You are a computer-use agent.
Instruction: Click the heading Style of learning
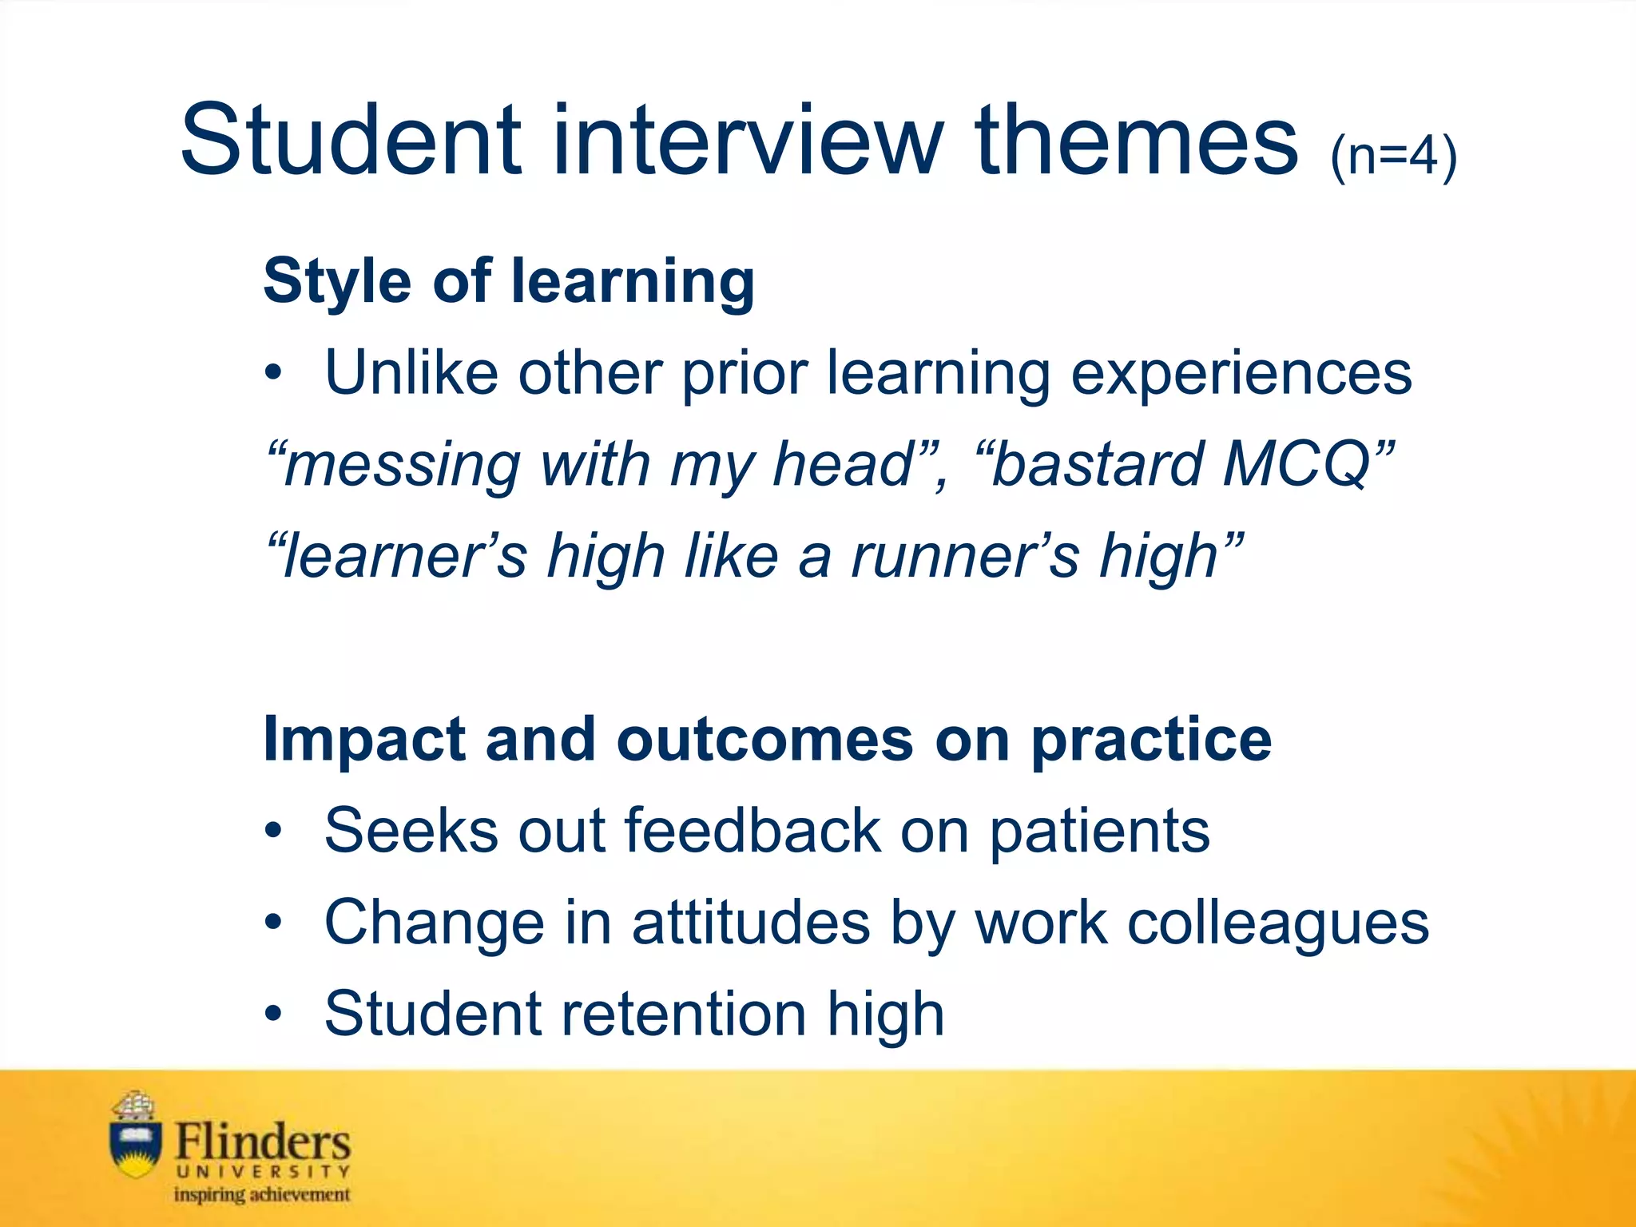(x=509, y=281)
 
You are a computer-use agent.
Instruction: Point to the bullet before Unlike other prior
(x=274, y=373)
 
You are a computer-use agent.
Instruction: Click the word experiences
(x=1241, y=373)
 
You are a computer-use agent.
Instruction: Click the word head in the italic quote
(x=843, y=464)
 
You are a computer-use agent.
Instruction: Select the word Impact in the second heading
(x=364, y=739)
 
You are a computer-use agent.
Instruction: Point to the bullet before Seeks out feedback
(x=274, y=831)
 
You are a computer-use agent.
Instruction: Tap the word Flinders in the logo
(x=262, y=1141)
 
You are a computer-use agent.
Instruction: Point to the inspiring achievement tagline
(x=262, y=1195)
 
